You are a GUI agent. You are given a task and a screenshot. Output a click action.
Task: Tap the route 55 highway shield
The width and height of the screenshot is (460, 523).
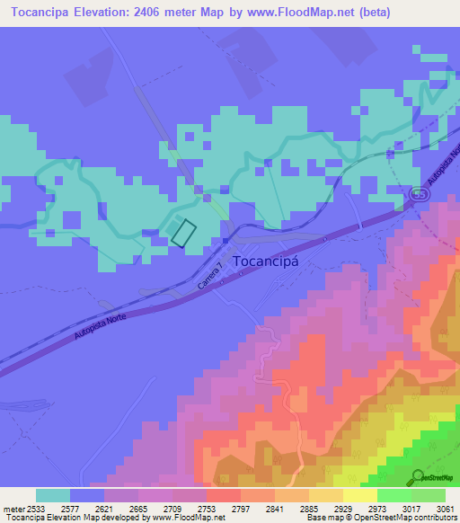tap(420, 194)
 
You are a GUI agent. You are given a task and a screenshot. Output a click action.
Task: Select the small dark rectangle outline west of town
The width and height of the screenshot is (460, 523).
tap(183, 232)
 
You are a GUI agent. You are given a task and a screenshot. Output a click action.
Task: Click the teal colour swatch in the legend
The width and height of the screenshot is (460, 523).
tap(52, 495)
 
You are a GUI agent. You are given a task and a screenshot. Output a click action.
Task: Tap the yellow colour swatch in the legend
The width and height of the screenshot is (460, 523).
tap(360, 495)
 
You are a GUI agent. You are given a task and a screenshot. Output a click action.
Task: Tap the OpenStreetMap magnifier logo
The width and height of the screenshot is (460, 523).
tap(419, 476)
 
